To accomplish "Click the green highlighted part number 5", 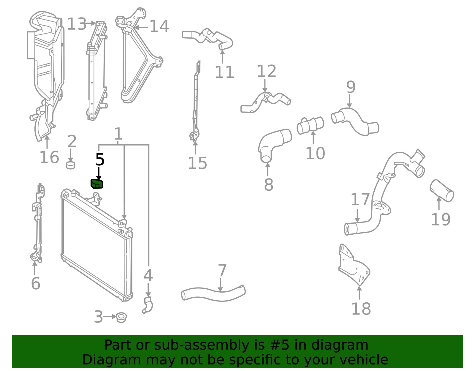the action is (97, 184).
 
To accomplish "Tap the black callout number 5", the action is (100, 160).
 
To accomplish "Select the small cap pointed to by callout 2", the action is (71, 165).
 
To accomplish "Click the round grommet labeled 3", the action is (121, 318).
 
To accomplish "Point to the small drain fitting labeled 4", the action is (148, 305).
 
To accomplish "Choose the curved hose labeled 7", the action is (213, 293).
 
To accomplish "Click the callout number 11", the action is (224, 72).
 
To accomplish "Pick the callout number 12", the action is (267, 71).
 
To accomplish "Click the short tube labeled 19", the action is (442, 191).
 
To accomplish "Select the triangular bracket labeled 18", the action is (354, 265).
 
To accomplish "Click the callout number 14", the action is (159, 26).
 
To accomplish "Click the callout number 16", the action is (49, 157).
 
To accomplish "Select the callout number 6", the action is (36, 283).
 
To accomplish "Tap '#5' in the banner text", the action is (280, 345).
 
